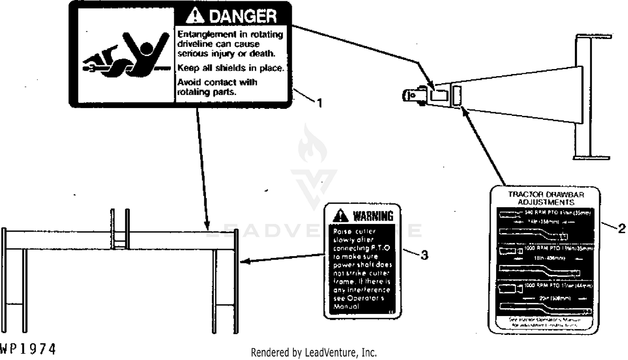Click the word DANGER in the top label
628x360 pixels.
pos(242,16)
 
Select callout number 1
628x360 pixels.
pos(319,103)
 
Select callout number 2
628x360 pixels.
pos(621,228)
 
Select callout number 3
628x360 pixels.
pos(424,255)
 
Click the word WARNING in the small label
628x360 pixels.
pos(373,216)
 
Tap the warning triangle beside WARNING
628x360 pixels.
pos(341,216)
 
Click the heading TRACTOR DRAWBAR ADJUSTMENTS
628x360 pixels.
pos(546,198)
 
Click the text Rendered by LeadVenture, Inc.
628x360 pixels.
pos(314,352)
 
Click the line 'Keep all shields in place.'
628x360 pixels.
pos(231,68)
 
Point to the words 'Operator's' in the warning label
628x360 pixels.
pos(365,298)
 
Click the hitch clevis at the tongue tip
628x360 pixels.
pos(412,95)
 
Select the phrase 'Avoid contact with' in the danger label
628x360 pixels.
pos(217,82)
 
